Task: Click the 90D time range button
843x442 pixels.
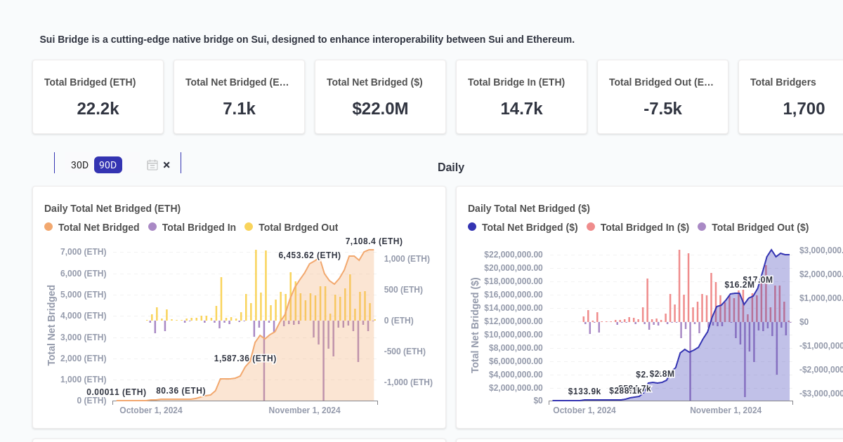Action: click(107, 165)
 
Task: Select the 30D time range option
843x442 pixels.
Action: click(79, 165)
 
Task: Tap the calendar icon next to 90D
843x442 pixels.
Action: click(152, 165)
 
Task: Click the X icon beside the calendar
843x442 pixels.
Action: click(166, 165)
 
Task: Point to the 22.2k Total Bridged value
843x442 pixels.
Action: click(98, 109)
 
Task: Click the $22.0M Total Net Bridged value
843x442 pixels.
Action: click(380, 109)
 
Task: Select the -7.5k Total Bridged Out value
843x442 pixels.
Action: click(662, 109)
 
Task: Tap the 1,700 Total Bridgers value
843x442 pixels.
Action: click(804, 109)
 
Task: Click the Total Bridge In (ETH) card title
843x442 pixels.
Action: click(516, 82)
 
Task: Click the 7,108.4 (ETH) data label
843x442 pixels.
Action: click(374, 241)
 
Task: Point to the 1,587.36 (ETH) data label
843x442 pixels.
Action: click(245, 359)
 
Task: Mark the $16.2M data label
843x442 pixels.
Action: click(739, 285)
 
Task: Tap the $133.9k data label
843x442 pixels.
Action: click(584, 391)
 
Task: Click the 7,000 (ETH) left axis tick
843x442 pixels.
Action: click(84, 252)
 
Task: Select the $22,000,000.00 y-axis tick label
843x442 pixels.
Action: click(513, 255)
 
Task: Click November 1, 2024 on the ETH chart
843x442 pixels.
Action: click(304, 410)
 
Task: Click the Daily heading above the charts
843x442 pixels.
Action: click(450, 167)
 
